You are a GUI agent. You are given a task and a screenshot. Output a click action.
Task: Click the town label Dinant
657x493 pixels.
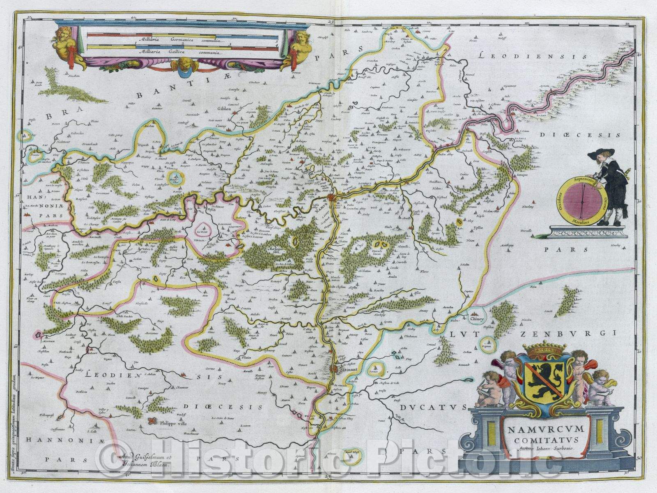pyautogui.click(x=349, y=369)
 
